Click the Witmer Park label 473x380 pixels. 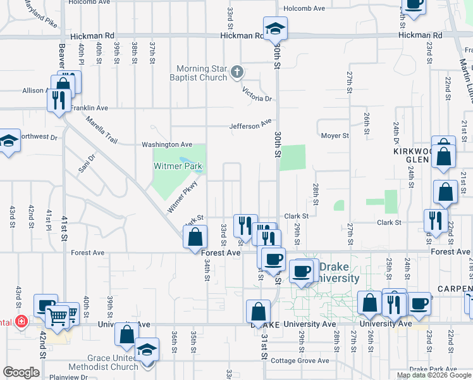click(178, 167)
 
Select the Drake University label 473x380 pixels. click(338, 272)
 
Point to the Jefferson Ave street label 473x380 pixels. click(251, 125)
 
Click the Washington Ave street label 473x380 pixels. click(166, 144)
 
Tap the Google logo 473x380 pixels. click(21, 372)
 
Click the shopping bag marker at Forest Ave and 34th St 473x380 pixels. click(195, 237)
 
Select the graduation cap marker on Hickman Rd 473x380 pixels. click(276, 28)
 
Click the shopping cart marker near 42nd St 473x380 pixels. click(57, 314)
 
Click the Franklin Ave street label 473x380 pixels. click(89, 108)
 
